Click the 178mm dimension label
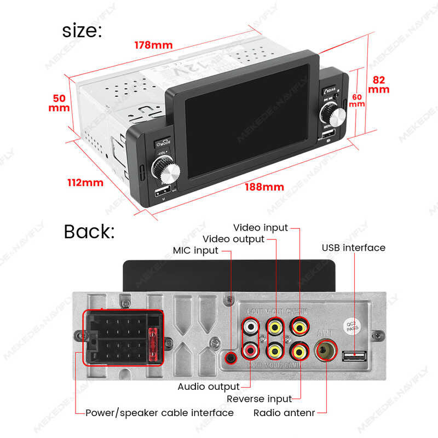click(x=154, y=45)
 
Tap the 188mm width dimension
click(x=266, y=187)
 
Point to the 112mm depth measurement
click(x=85, y=182)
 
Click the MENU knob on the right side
click(x=333, y=116)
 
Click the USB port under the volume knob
click(x=163, y=192)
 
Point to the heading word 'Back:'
click(x=89, y=231)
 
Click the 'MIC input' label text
click(x=195, y=250)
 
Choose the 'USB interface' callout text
click(x=353, y=247)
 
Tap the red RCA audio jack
click(x=251, y=348)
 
